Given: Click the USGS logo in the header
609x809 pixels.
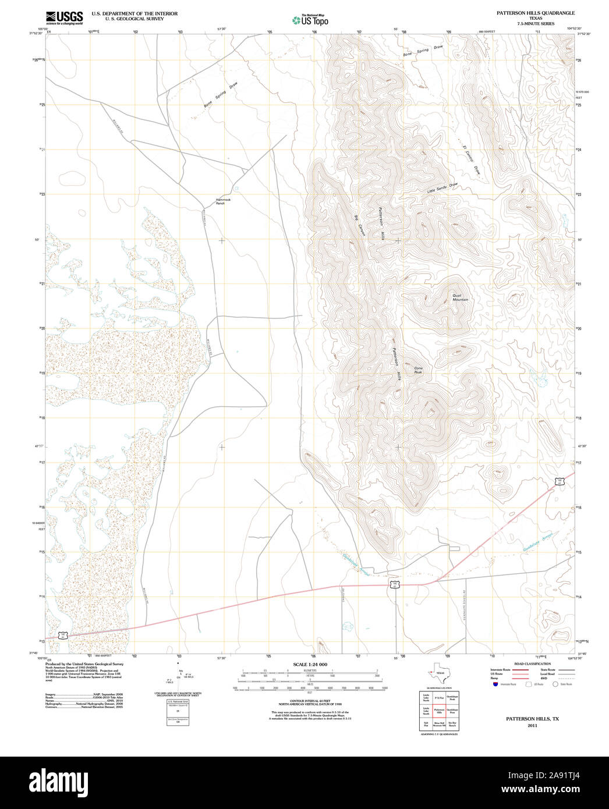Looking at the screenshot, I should click(x=64, y=17).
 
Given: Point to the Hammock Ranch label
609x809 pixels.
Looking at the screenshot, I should click(x=224, y=201).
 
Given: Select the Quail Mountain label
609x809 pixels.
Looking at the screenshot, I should click(x=460, y=297).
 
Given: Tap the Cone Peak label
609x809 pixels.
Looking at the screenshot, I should click(x=418, y=370).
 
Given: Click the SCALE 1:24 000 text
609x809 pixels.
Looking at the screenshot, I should click(x=310, y=664).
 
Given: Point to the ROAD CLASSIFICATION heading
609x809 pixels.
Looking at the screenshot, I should click(x=532, y=663).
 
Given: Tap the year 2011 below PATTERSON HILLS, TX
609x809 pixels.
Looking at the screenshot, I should click(x=532, y=726).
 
